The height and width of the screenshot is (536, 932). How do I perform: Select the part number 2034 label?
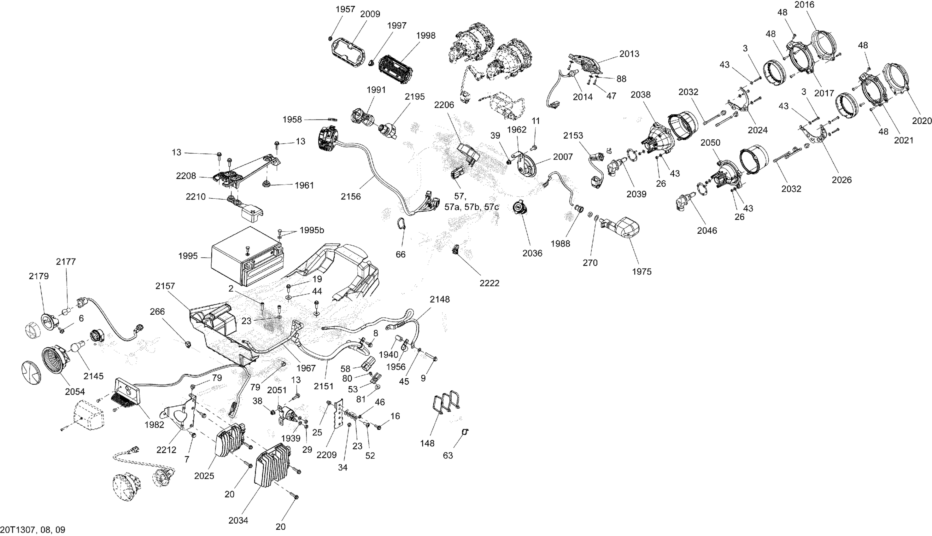click(x=238, y=521)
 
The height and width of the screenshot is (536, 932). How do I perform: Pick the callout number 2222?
click(x=489, y=283)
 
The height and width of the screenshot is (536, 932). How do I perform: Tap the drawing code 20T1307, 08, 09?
click(x=33, y=530)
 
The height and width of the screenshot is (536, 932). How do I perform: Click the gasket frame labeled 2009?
click(x=348, y=54)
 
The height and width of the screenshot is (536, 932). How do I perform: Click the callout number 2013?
click(x=629, y=54)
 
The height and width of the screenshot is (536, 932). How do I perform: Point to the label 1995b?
click(x=312, y=230)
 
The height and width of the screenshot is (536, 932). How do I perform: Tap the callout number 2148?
click(x=440, y=299)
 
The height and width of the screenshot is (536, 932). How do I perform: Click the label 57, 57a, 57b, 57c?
click(x=471, y=202)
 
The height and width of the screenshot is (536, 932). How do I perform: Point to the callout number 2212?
click(x=167, y=450)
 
